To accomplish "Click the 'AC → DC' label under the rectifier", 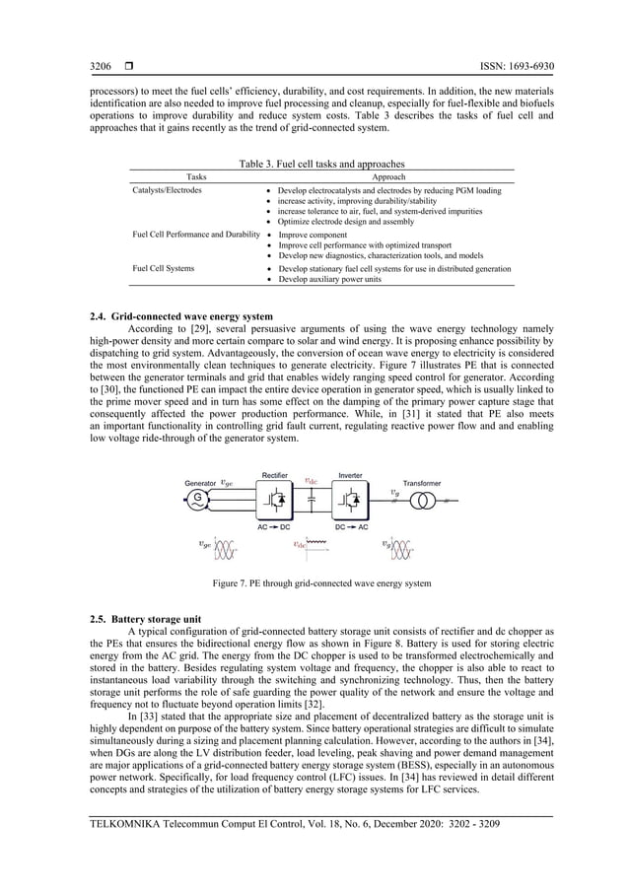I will coord(274,526).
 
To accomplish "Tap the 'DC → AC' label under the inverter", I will coord(350,526).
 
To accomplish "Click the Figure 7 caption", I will coord(322,583).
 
